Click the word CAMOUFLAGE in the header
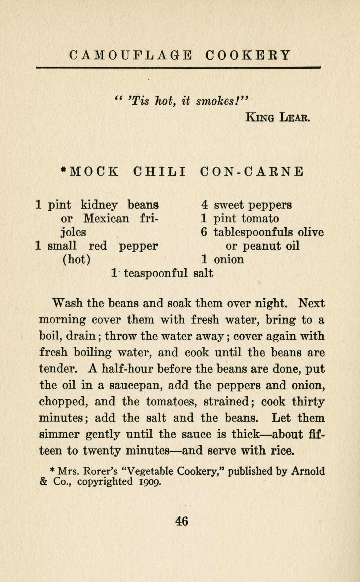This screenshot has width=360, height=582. [x=130, y=55]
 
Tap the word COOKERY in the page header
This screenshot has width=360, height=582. [x=248, y=55]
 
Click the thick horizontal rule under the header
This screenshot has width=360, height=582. [x=178, y=68]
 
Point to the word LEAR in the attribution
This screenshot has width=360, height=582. [x=291, y=117]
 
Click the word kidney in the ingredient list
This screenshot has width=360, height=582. [x=99, y=205]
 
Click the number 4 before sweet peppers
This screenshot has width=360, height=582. [x=205, y=205]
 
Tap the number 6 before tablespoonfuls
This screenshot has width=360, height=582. [x=205, y=232]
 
